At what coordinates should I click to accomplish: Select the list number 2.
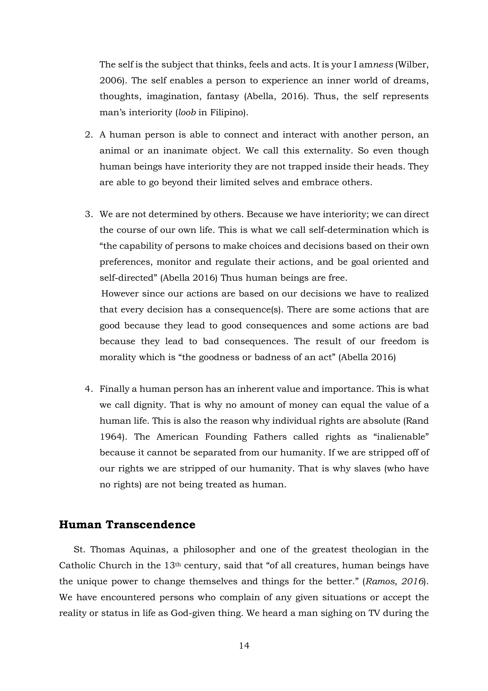click(89, 135)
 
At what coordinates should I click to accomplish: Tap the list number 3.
click(89, 214)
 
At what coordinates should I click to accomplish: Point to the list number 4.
click(89, 389)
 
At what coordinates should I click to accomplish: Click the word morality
click(117, 357)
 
